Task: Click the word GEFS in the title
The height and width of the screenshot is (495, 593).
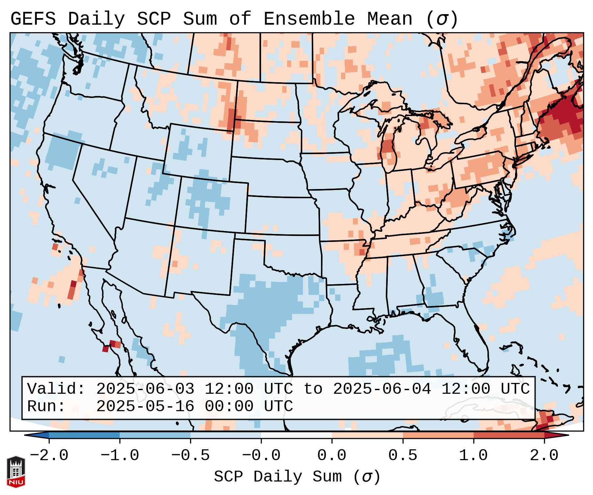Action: coord(33,19)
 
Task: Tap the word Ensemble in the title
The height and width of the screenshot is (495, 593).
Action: coord(309,19)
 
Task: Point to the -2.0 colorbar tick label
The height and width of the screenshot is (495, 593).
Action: coord(49,456)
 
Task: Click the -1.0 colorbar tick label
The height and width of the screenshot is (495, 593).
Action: coord(120,456)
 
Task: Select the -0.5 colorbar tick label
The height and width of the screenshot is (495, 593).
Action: coord(190,456)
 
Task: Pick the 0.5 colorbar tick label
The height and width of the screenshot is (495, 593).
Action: coord(403,456)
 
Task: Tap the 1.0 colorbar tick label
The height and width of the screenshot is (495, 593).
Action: coord(474,456)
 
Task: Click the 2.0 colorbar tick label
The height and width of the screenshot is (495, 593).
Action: coord(544,456)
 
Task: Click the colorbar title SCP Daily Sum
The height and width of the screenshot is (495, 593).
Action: coord(278,477)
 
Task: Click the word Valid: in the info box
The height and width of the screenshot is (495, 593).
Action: coord(56,389)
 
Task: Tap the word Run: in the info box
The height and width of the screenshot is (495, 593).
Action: coord(46,407)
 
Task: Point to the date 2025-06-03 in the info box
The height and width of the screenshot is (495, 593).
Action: coord(145,389)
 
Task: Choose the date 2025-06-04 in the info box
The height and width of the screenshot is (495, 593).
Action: coord(382,389)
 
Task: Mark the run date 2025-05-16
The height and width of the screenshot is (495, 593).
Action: coord(145,407)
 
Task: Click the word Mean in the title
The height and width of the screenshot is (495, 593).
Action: coord(390,19)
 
